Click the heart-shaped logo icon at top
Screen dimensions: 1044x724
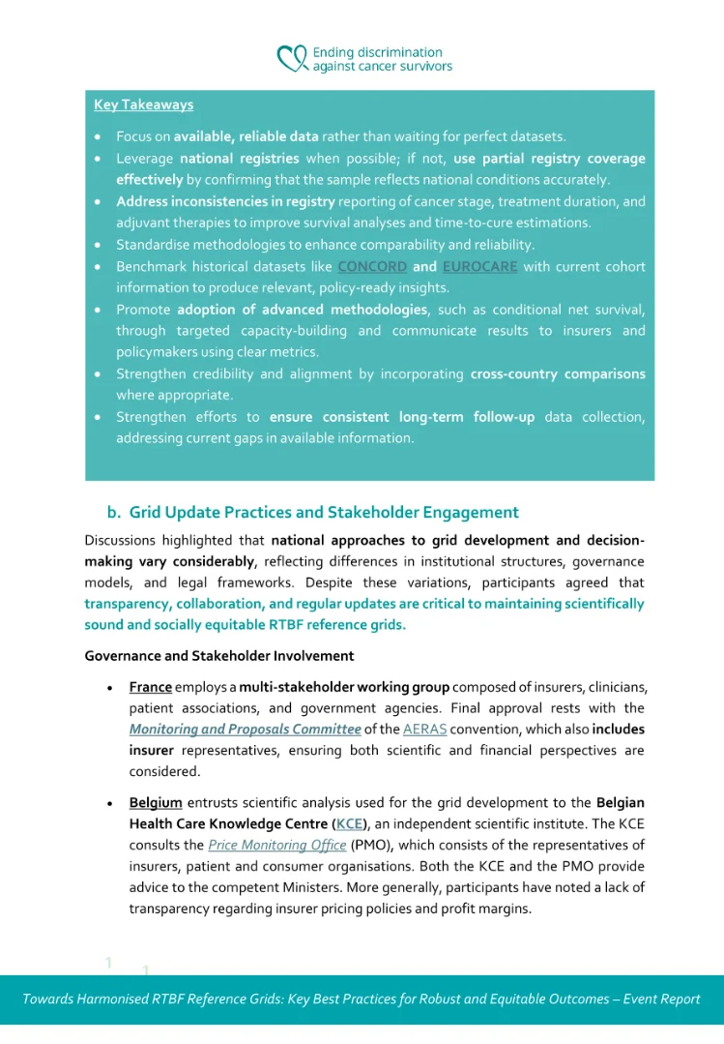(291, 59)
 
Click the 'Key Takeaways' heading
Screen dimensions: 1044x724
(143, 104)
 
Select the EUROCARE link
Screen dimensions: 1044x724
(479, 266)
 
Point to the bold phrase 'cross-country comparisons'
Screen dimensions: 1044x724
(558, 373)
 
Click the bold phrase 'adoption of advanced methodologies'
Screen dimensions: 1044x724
(302, 310)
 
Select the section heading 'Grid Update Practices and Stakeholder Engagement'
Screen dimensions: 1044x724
(324, 513)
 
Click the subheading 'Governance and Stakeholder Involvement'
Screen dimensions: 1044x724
(219, 656)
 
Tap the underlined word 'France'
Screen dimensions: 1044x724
(151, 687)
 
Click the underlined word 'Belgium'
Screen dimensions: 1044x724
(156, 803)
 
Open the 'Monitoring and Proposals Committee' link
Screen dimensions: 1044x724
(246, 730)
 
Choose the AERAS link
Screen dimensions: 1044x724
(424, 730)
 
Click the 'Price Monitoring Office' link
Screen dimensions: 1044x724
(277, 846)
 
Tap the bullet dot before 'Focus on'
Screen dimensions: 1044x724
(100, 137)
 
